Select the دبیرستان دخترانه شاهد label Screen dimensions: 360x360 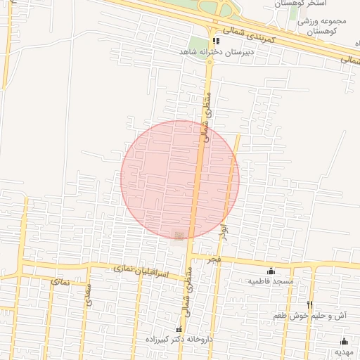pos(205,52)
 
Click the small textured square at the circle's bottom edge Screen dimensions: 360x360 pos(179,236)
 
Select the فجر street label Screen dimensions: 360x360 pos(214,259)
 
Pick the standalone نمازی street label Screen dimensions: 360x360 pos(59,281)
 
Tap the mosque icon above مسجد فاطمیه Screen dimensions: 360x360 pos(271,271)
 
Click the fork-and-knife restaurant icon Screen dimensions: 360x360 pos(309,304)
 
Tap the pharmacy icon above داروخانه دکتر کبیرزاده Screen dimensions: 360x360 pos(178,329)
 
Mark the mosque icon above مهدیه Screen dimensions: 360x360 pos(344,341)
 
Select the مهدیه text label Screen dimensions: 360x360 pos(344,351)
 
